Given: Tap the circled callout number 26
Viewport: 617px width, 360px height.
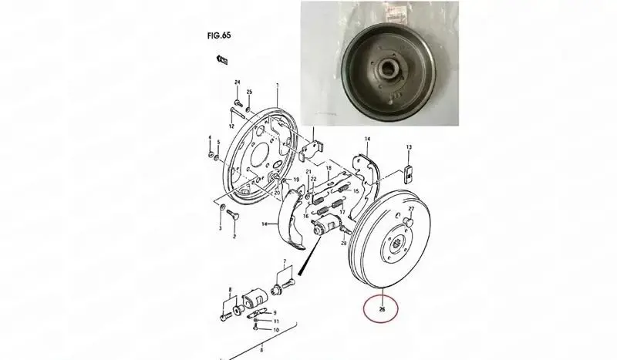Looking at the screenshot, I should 382,311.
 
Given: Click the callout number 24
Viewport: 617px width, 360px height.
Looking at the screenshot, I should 238,82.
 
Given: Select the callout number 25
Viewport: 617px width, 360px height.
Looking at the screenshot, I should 249,93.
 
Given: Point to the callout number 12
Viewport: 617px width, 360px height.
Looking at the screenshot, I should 231,125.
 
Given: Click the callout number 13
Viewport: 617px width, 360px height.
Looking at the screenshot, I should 409,147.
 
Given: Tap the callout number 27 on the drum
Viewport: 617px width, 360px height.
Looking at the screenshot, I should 411,209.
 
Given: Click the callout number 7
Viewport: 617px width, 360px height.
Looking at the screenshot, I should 285,264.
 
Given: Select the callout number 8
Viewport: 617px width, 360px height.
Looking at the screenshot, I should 228,291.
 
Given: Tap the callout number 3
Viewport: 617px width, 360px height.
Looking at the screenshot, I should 220,228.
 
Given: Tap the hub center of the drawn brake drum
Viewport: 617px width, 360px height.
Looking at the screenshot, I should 396,244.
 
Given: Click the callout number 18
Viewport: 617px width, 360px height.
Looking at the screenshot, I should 328,168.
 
